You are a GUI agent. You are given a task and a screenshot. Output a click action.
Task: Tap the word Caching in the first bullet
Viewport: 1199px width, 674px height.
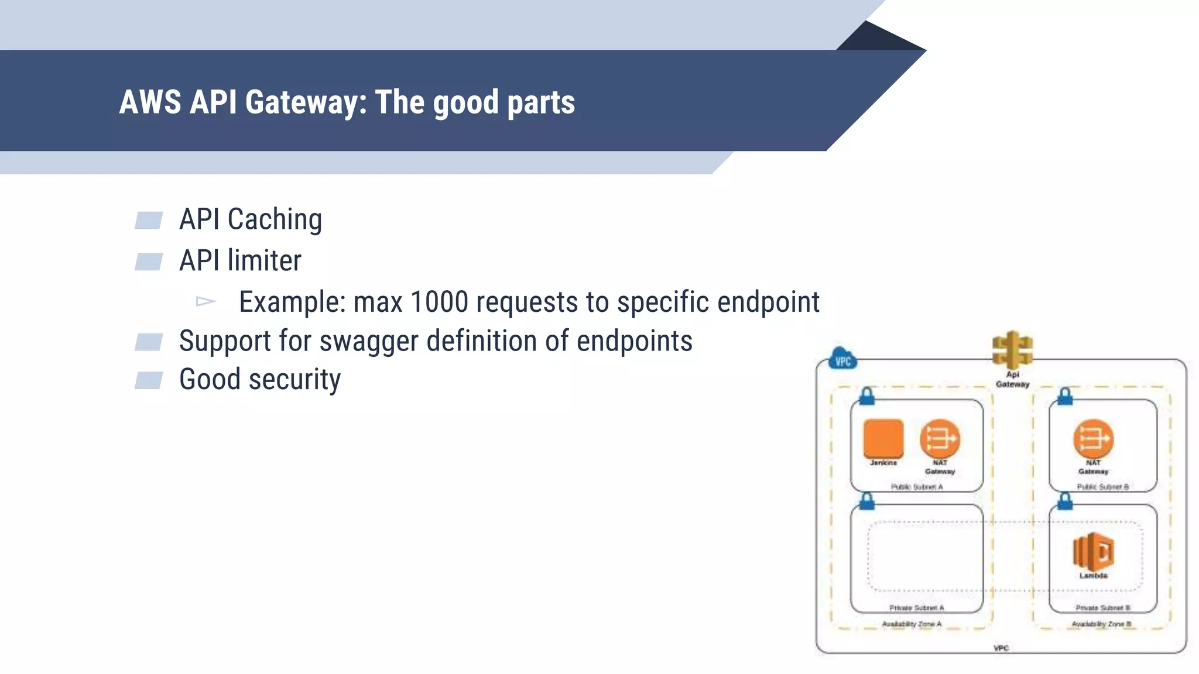[275, 220]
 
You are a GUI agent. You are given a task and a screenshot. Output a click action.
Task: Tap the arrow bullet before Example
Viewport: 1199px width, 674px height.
[205, 302]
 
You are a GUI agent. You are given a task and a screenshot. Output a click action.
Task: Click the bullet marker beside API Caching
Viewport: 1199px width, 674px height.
[149, 221]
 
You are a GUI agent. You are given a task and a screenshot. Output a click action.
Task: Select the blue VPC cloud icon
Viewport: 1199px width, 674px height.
[843, 360]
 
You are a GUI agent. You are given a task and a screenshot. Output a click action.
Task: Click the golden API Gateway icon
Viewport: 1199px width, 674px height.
[1012, 349]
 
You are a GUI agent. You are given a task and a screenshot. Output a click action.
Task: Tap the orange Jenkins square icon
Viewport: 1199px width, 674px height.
[883, 438]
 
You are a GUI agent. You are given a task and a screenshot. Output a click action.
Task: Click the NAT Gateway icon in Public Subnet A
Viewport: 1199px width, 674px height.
[940, 439]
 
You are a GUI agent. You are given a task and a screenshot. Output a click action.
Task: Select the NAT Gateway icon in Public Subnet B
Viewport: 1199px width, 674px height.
[1093, 439]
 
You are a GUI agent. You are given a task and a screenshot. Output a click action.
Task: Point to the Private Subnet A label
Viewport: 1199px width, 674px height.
[916, 608]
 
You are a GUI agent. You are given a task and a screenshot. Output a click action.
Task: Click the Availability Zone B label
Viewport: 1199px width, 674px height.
[1101, 624]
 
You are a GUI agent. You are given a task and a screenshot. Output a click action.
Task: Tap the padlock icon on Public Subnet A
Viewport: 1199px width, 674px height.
[867, 397]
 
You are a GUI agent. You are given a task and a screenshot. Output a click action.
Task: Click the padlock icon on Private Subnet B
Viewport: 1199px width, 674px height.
[1065, 501]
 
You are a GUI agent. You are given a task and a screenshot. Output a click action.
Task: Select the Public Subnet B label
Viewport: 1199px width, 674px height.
[1102, 487]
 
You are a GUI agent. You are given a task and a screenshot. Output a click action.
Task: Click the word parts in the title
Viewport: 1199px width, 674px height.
[541, 102]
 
